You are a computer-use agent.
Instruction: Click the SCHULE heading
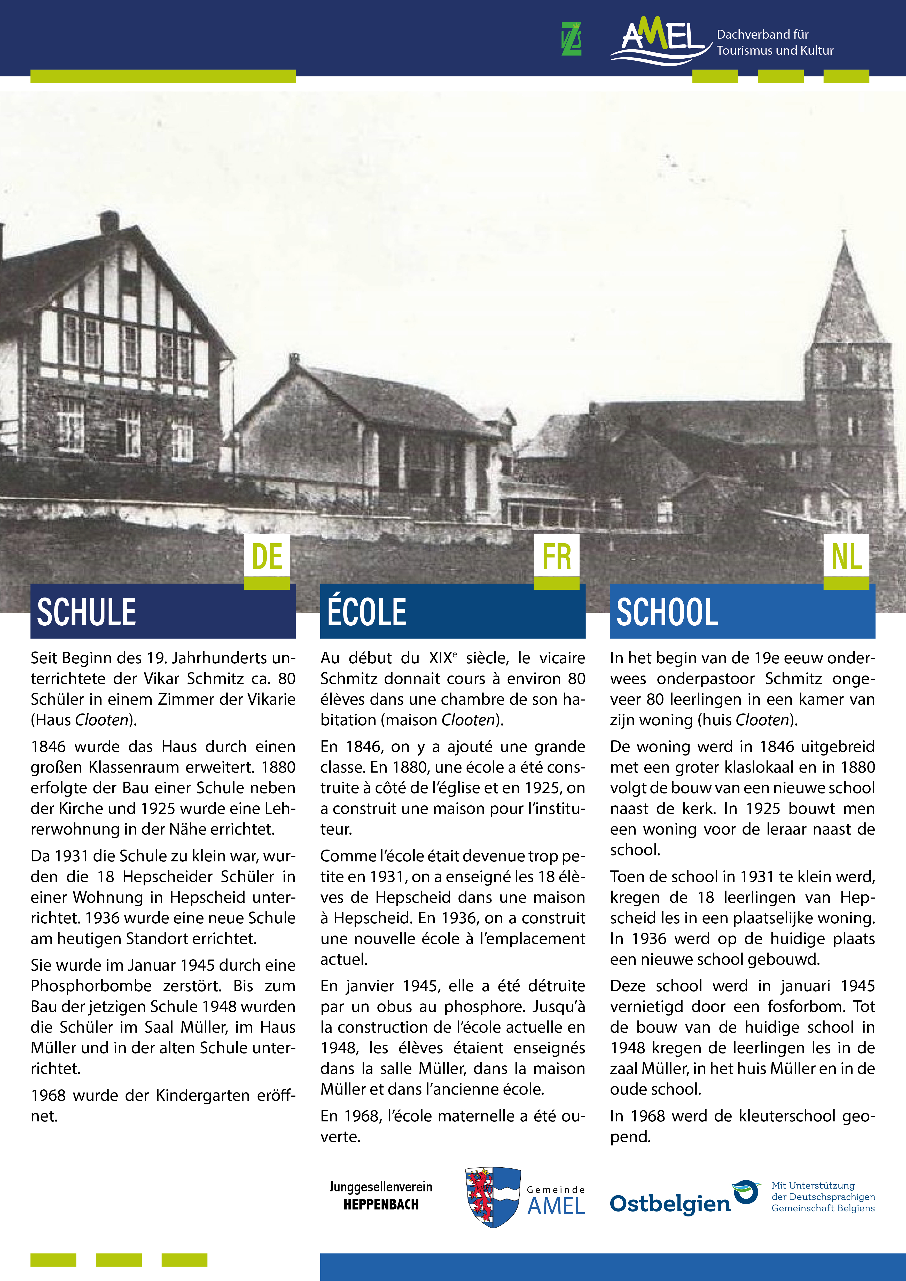point(87,612)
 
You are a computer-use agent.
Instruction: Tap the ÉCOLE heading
point(366,612)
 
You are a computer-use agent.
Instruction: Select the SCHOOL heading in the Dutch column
point(667,612)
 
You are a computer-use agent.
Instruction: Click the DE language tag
point(267,557)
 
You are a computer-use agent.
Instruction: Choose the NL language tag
point(846,557)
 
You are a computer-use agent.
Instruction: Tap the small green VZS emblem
point(571,39)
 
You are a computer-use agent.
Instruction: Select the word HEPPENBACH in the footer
point(381,1205)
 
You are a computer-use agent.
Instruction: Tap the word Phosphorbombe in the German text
point(91,986)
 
